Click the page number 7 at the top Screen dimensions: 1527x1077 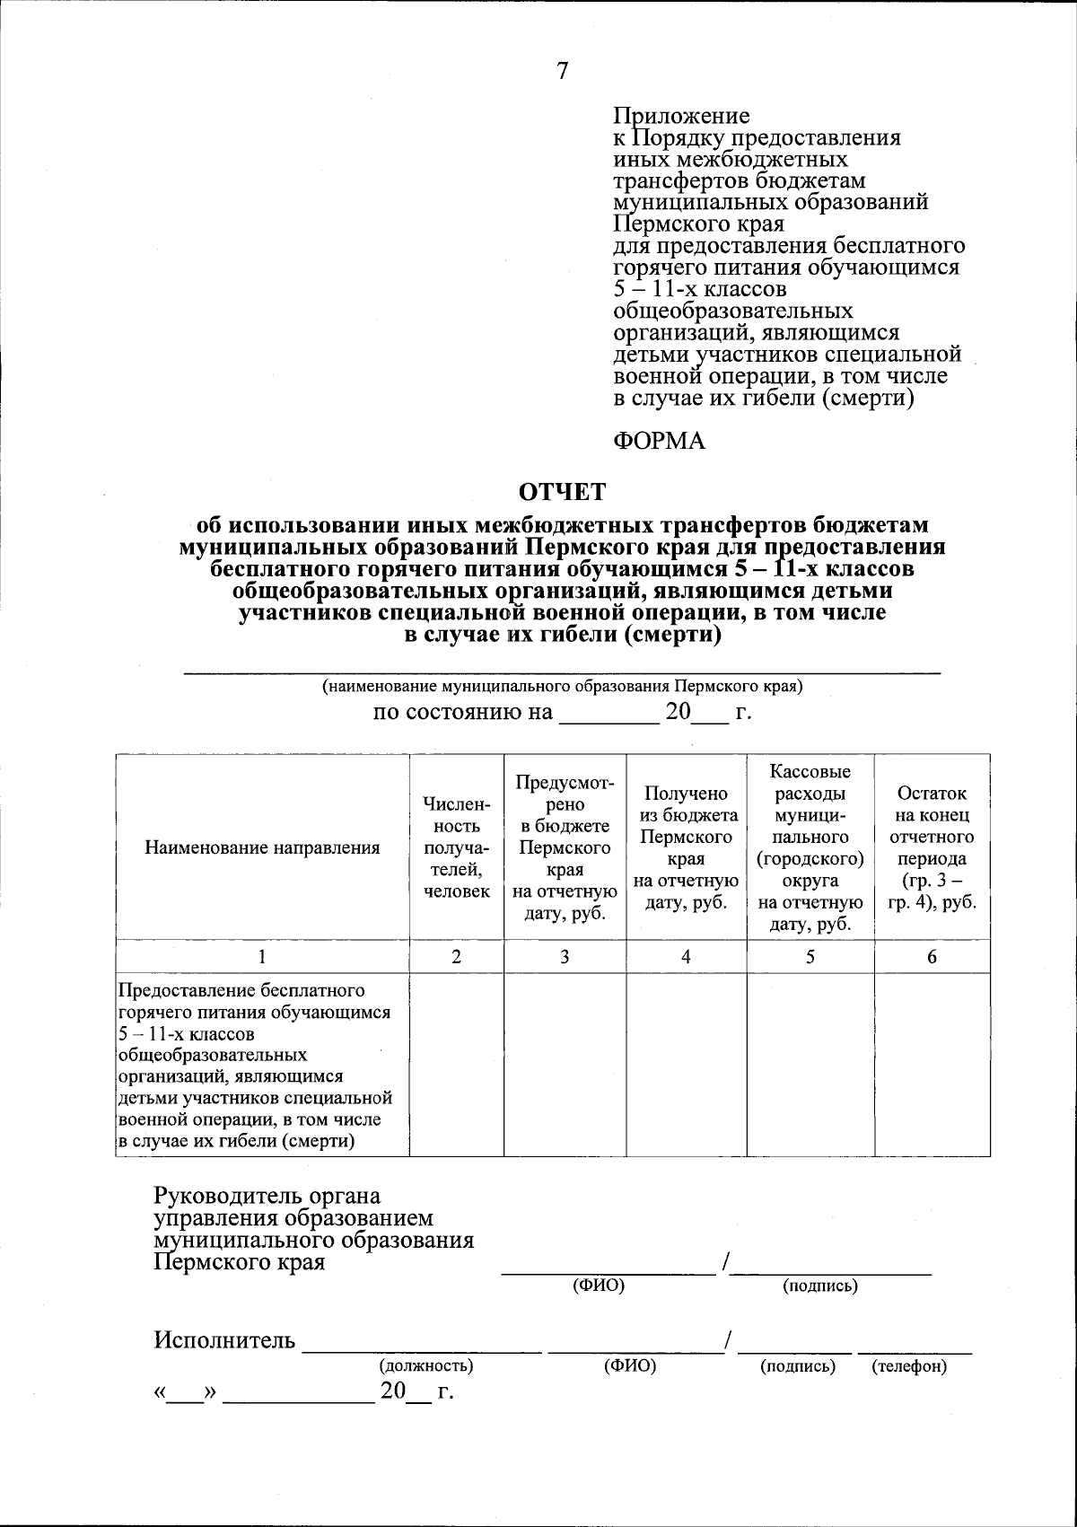tap(563, 72)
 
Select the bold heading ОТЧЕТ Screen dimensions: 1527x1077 tap(564, 492)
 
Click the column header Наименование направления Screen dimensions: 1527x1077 tap(262, 847)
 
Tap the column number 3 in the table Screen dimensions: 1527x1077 tap(565, 957)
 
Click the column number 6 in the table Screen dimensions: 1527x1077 tap(932, 957)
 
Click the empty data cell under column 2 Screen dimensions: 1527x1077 tap(457, 1065)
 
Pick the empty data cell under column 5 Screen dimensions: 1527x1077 tap(810, 1065)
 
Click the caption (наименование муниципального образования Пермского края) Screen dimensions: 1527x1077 tap(563, 687)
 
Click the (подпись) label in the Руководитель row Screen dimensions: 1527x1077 tap(820, 1286)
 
